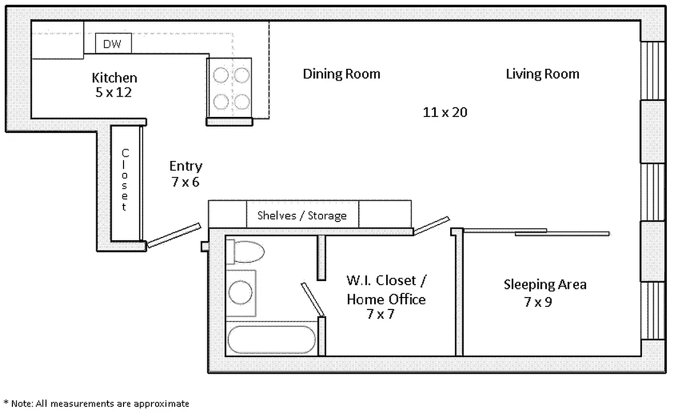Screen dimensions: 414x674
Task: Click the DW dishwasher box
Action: [x=113, y=44]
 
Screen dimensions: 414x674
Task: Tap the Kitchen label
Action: [x=114, y=78]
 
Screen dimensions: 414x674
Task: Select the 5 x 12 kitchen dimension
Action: [x=114, y=93]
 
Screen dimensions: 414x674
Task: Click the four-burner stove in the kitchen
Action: [x=229, y=88]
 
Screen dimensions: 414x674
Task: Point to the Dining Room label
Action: [x=341, y=74]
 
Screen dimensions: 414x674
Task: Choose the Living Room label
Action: [x=542, y=74]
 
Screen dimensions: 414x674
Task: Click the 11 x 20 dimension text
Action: [x=445, y=112]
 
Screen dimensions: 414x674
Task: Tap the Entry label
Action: [x=186, y=166]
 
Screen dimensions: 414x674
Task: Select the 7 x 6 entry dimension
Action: [x=186, y=182]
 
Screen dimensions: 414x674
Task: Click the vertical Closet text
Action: [x=125, y=180]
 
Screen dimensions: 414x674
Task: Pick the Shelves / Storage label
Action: [x=302, y=215]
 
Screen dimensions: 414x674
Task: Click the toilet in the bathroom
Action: [x=246, y=252]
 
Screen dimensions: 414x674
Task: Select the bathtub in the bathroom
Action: [x=271, y=339]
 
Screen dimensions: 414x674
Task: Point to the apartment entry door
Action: [x=174, y=235]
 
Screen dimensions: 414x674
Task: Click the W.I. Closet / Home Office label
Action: [x=386, y=290]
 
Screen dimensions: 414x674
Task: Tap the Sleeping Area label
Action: [x=545, y=284]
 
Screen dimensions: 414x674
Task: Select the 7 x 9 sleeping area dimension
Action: [x=538, y=302]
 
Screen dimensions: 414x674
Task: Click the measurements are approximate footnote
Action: [x=96, y=404]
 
